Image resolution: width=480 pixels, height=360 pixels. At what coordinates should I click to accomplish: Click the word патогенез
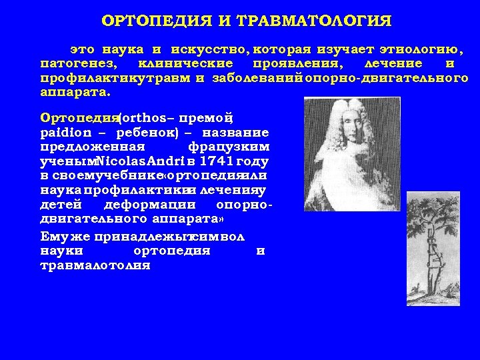click(x=77, y=64)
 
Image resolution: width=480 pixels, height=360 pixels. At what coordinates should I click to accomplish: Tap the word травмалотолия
click(x=95, y=265)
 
